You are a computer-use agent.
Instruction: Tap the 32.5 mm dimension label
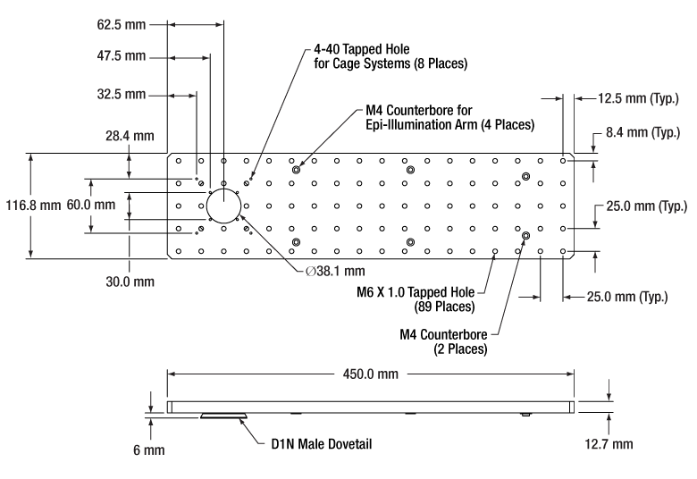click(x=121, y=93)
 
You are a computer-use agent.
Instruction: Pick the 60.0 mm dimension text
click(x=90, y=205)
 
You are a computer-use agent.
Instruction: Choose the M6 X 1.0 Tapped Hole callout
click(x=425, y=297)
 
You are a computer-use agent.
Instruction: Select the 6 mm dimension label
click(x=149, y=450)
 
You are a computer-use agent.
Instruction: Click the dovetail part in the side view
click(x=225, y=416)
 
